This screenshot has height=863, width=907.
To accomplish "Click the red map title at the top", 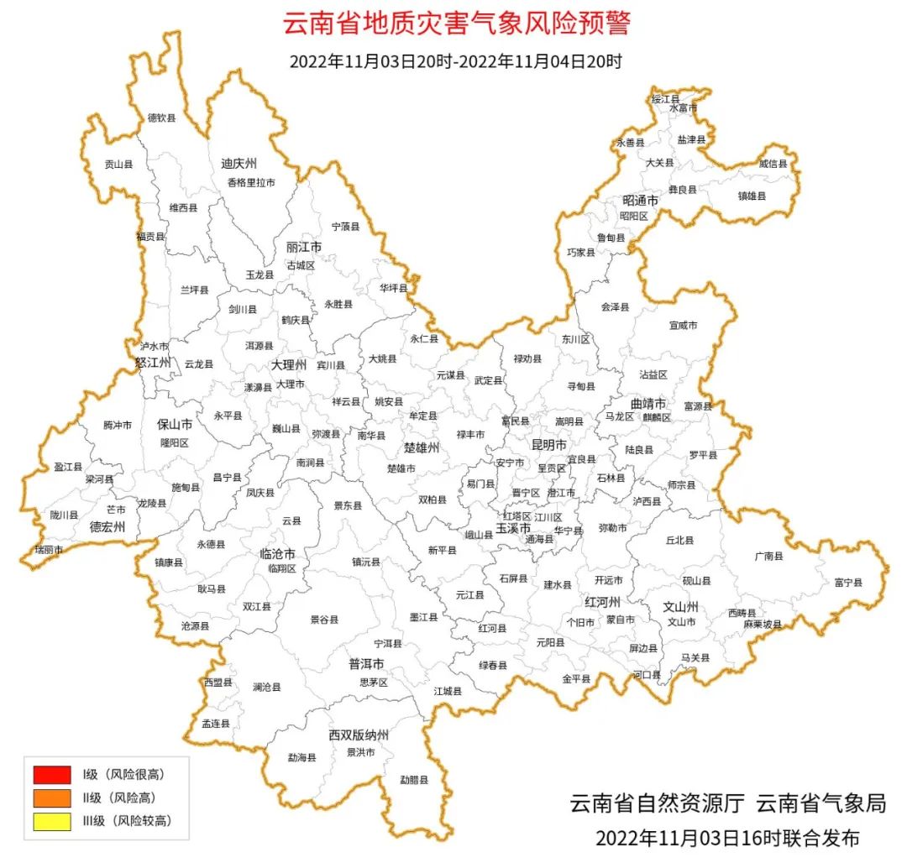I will (x=455, y=24).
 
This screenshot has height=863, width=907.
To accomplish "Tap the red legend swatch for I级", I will (x=52, y=774).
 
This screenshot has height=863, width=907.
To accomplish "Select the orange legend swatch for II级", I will (x=52, y=798).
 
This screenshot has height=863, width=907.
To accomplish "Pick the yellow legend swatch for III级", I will (x=52, y=821).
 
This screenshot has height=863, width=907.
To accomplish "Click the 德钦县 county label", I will (x=162, y=118).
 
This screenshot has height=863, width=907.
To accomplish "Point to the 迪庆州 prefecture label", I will (x=239, y=163).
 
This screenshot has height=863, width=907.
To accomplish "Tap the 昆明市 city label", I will (x=549, y=444).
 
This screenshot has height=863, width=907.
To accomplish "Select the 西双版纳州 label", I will (x=359, y=735).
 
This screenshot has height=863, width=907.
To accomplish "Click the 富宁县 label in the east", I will (x=847, y=582).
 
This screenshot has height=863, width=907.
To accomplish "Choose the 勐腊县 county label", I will (x=413, y=779).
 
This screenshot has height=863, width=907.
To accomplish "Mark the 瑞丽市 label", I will (x=48, y=549).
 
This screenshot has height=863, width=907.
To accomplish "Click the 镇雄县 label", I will (x=752, y=196).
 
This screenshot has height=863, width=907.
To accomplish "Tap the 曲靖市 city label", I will (x=648, y=404).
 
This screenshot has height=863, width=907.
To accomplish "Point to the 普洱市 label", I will (x=366, y=663).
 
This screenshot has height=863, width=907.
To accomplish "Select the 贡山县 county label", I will (x=118, y=165).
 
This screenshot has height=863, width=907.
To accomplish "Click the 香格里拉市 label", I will (x=250, y=182).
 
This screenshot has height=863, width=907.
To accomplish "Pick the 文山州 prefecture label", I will (x=681, y=606).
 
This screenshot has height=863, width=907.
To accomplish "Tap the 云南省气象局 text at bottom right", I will (x=820, y=803).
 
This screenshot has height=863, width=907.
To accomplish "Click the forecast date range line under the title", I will (x=455, y=61).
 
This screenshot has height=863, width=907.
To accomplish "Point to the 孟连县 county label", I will (x=215, y=723).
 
